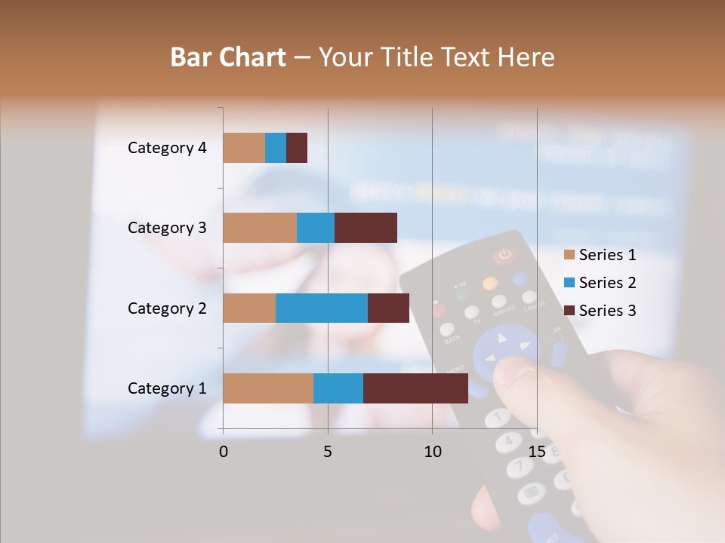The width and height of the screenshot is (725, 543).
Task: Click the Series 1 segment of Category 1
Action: click(x=268, y=388)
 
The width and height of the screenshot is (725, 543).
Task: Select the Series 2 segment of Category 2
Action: click(x=322, y=308)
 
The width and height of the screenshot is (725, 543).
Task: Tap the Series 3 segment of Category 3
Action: click(x=366, y=228)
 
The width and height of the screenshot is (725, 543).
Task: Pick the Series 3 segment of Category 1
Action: click(x=415, y=388)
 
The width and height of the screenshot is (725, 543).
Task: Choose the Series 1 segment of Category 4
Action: click(x=244, y=148)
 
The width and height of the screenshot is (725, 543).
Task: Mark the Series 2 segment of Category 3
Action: click(x=316, y=228)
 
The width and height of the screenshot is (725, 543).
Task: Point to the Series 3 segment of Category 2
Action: click(x=388, y=308)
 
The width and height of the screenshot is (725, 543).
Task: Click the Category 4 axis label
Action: click(x=167, y=148)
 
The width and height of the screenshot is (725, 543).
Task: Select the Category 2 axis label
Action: click(x=167, y=308)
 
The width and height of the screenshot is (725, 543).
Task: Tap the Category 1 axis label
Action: click(x=167, y=388)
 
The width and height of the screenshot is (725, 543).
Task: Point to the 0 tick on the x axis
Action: click(x=224, y=452)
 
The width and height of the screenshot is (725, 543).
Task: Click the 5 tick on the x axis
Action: click(x=328, y=452)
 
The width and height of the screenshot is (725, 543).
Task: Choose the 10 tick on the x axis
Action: click(x=432, y=452)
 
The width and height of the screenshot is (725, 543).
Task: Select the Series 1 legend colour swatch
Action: click(x=569, y=255)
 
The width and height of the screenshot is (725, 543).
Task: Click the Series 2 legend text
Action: click(x=607, y=283)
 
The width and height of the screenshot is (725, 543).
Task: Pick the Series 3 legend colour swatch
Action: click(x=569, y=311)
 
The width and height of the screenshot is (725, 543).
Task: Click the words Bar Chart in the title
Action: click(x=228, y=57)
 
